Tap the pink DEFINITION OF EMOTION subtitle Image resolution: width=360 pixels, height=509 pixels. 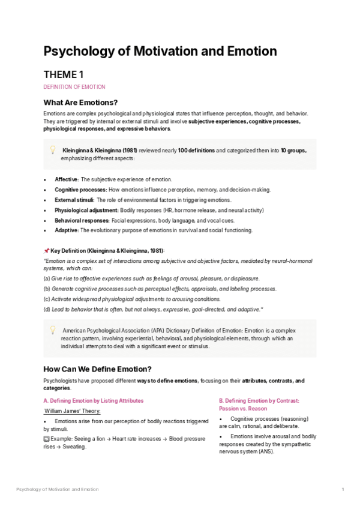point(74,87)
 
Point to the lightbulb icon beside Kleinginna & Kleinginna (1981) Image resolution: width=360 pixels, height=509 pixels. point(52,149)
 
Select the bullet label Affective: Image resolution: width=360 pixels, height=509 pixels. point(67,179)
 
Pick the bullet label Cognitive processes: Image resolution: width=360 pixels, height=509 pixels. point(80,190)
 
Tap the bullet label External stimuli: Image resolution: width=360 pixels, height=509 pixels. point(74,200)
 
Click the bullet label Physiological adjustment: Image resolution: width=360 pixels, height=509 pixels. point(87,210)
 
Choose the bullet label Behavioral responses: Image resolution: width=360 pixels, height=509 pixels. point(82,220)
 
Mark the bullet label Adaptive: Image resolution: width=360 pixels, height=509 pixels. point(67,230)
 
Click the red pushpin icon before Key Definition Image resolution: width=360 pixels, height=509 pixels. point(46,250)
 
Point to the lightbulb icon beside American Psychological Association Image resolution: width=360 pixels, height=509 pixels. point(52,330)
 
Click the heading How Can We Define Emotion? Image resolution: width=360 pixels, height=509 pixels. point(98,369)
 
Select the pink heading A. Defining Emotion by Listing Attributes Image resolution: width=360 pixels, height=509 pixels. point(94,400)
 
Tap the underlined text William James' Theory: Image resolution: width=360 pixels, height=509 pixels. point(73,411)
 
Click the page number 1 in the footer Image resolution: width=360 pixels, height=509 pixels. point(342,490)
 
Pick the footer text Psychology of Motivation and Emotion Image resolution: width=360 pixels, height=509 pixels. point(58,490)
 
